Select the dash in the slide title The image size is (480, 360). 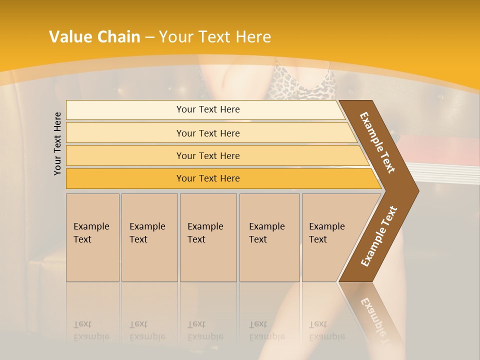pyautogui.click(x=149, y=37)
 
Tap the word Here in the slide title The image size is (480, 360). pyautogui.click(x=253, y=37)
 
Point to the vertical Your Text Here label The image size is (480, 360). pyautogui.click(x=57, y=143)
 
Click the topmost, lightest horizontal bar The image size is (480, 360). pyautogui.click(x=207, y=109)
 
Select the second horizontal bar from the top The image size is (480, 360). pyautogui.click(x=207, y=133)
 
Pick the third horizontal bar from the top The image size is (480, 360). pyautogui.click(x=207, y=155)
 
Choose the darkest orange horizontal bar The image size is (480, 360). pyautogui.click(x=207, y=178)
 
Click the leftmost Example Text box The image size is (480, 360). pyautogui.click(x=92, y=237)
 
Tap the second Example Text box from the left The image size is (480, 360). pyautogui.click(x=149, y=237)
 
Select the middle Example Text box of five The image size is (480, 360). pyautogui.click(x=208, y=237)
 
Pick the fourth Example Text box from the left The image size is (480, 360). pyautogui.click(x=269, y=237)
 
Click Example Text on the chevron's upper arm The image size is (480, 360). pyautogui.click(x=377, y=142)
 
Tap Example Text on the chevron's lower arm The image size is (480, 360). pyautogui.click(x=378, y=236)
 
